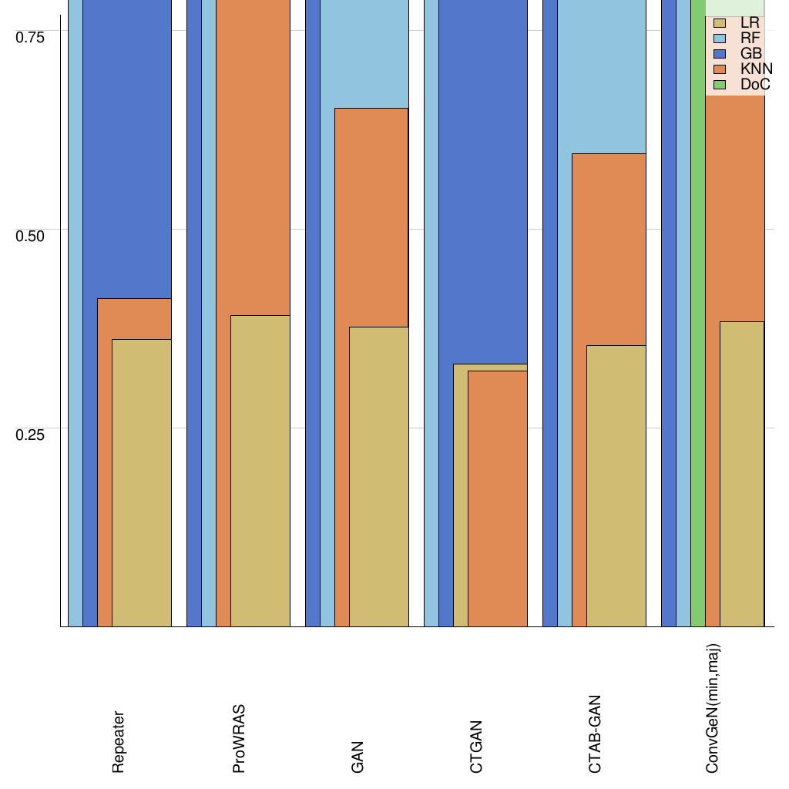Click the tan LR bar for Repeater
point(141,482)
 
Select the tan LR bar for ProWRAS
point(260,471)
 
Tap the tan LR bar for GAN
point(378,476)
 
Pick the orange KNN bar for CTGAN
point(497,499)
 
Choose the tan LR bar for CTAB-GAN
point(616,485)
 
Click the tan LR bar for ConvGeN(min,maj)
point(741,474)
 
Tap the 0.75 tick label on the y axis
point(31,37)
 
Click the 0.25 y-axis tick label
point(31,435)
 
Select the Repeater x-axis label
point(118,741)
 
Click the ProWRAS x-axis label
point(239,738)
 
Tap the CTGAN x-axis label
point(476,746)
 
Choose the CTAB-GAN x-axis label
point(595,734)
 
